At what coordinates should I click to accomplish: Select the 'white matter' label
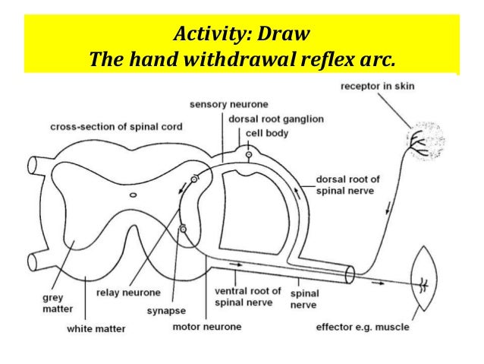(96, 329)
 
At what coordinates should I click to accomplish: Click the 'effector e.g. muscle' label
(362, 327)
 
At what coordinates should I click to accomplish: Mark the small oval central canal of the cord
(134, 195)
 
